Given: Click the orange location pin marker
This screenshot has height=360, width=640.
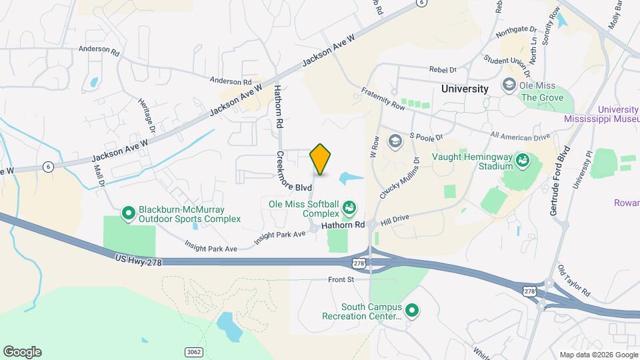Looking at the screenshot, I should [x=320, y=159].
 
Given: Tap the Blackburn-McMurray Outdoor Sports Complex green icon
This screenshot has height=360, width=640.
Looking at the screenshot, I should [x=128, y=213].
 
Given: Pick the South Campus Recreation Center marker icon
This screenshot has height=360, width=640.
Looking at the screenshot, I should [x=411, y=311].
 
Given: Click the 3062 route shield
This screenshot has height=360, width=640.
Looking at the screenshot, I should [x=194, y=351].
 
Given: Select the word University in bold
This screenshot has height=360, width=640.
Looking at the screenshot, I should [x=465, y=88].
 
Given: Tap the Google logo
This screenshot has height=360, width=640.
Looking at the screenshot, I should [x=23, y=351].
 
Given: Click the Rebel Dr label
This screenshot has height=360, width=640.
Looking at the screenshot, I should [x=443, y=69].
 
